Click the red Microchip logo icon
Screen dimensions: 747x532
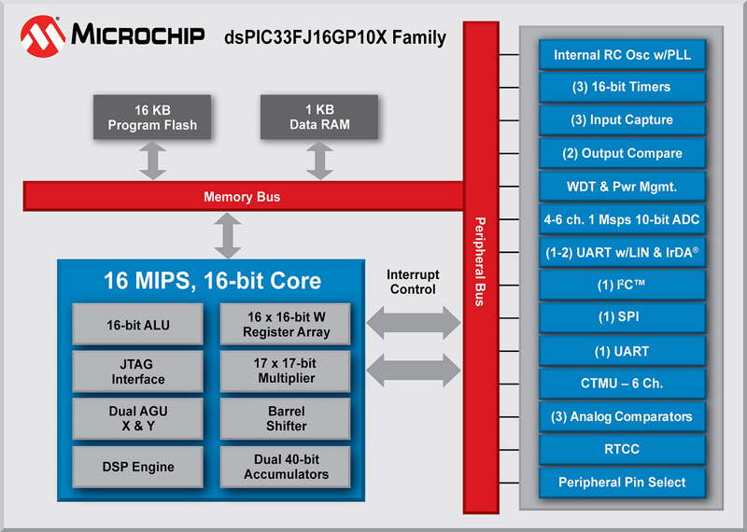point(42,36)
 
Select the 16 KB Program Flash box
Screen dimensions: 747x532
point(152,118)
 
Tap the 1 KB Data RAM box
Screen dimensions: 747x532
point(319,118)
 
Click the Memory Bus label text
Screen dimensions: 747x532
point(242,197)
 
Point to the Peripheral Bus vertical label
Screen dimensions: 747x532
point(480,261)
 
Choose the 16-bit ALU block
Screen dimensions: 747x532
point(137,325)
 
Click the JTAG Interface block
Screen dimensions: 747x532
point(137,371)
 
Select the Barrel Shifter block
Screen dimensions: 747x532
point(286,419)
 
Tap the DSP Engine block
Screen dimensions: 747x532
point(137,467)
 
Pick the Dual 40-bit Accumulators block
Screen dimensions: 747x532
point(286,467)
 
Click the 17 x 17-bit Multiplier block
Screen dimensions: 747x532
point(286,371)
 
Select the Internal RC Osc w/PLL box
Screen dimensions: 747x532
point(622,55)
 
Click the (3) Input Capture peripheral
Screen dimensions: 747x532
point(622,120)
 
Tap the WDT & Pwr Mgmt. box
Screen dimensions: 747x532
point(622,187)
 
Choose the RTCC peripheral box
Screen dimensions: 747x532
point(622,449)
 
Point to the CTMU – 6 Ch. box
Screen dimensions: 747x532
point(622,384)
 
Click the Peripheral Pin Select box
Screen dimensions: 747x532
point(622,483)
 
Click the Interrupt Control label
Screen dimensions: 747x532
point(413,282)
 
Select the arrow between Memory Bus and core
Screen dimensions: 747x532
point(228,235)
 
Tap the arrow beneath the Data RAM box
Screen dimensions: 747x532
point(319,161)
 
